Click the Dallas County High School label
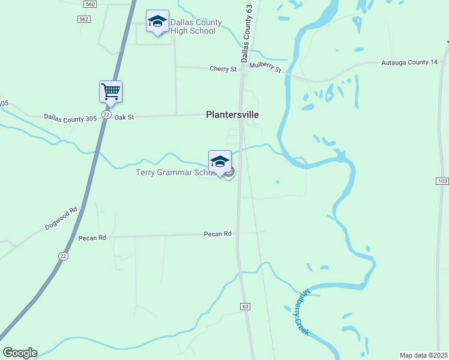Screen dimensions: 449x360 (196, 27)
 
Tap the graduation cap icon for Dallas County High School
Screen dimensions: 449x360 (157, 22)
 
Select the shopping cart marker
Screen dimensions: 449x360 (110, 92)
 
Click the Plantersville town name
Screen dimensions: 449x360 (232, 114)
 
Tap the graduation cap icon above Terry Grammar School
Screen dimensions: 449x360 (220, 161)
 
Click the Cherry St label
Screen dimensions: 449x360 (223, 69)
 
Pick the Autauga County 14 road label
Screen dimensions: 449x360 (409, 62)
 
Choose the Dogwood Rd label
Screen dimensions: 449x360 (62, 219)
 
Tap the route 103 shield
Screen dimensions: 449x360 (443, 181)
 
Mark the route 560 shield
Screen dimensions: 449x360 (90, 4)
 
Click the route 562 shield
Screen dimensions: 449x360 (85, 19)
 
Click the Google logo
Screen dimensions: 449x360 (20, 353)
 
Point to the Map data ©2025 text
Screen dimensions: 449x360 (423, 355)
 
